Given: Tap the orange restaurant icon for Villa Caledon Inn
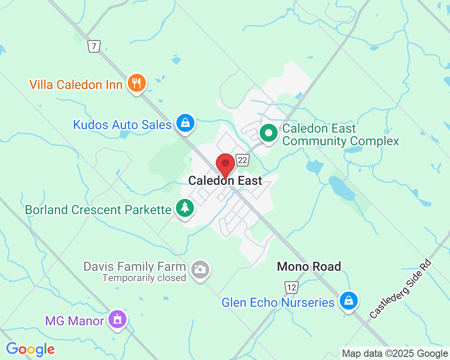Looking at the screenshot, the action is click(136, 83).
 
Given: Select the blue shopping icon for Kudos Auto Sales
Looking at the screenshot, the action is click(184, 122).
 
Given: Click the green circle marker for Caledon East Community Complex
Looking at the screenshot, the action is click(269, 133).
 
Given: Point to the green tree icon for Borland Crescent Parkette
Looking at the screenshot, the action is click(184, 208).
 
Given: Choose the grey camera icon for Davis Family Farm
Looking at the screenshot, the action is click(200, 269).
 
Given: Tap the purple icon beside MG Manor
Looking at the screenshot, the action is click(118, 319).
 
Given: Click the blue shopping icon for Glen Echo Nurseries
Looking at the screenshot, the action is click(348, 300).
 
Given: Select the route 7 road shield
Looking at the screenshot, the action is click(94, 46).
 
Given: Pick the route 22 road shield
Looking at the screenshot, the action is click(243, 160).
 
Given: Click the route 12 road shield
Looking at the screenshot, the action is click(291, 287).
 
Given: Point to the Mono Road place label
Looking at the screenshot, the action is click(309, 266).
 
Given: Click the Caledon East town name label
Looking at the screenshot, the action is click(225, 181).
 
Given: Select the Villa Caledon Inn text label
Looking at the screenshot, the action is click(76, 85).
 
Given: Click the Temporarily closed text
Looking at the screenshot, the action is click(144, 278).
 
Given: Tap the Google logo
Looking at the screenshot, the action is click(30, 349).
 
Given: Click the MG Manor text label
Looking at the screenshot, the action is click(74, 321).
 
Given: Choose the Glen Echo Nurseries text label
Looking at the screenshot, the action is click(278, 302).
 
